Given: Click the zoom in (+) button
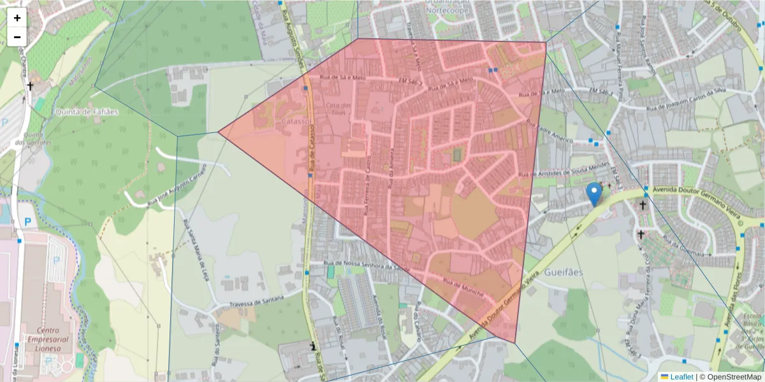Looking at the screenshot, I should point(17,18).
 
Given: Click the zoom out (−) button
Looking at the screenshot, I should point(17,37).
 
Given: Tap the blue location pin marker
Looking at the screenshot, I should point(595,194).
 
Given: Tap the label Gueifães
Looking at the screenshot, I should point(564,272).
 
